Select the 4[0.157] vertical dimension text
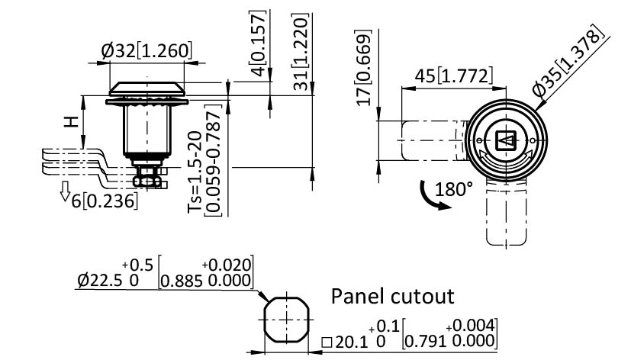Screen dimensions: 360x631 [259, 43]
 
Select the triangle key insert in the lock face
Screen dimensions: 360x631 [505, 140]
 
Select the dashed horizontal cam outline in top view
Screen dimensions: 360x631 [431, 140]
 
